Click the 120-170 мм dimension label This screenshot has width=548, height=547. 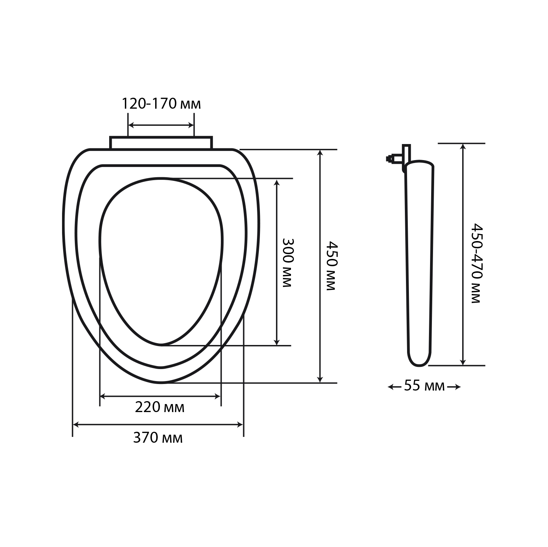coord(161,104)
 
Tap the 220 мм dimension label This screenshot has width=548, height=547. coord(160,407)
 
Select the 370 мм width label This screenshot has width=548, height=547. coord(158,438)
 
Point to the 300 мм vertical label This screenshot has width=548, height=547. coord(288,263)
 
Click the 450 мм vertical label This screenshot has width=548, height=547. coord(330,265)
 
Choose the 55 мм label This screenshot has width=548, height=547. coord(425,386)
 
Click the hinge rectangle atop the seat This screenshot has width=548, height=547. coord(161,143)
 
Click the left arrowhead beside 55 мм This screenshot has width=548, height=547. coord(390,387)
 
